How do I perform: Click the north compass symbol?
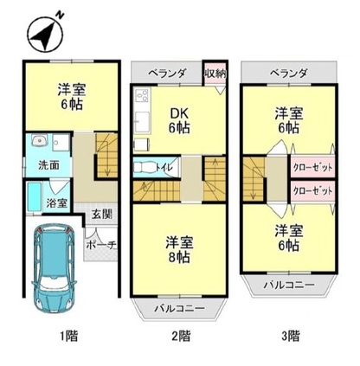[x=45, y=32]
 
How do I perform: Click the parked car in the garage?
[x=55, y=269]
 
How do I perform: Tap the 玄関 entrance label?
[x=102, y=215]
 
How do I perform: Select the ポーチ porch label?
[x=101, y=245]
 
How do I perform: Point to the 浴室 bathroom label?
[x=57, y=203]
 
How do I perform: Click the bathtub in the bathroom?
[x=34, y=197]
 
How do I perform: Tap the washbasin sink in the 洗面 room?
[x=39, y=141]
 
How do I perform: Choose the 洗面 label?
[x=48, y=165]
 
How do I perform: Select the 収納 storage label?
[x=215, y=74]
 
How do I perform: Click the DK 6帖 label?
[x=179, y=121]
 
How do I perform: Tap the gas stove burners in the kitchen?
[x=142, y=96]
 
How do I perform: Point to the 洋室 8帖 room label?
[x=179, y=249]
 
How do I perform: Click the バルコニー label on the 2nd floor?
[x=179, y=308]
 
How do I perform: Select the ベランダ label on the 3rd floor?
[x=288, y=74]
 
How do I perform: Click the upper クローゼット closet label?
[x=312, y=167]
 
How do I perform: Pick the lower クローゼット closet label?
[x=312, y=190]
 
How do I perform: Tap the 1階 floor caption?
[x=69, y=336]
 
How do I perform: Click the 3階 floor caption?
[x=290, y=336]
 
